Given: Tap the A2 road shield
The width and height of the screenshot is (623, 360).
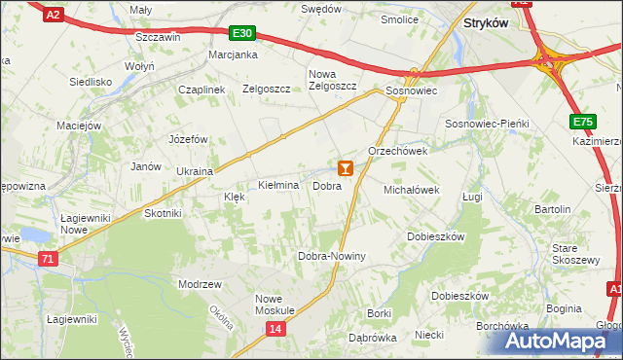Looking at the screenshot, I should click(x=55, y=14).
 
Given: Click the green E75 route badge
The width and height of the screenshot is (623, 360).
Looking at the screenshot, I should click(x=583, y=121).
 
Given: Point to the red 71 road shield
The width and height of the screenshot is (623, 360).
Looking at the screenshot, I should click(x=49, y=258).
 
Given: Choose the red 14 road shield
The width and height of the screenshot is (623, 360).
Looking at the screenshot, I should click(x=275, y=330).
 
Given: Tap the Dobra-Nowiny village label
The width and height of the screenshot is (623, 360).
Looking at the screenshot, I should click(x=331, y=257).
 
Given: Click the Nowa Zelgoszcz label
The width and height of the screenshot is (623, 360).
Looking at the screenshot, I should click(x=333, y=80).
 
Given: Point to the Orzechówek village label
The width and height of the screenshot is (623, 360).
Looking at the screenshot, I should click(x=398, y=152).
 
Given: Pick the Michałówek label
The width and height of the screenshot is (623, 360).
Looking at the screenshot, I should click(x=413, y=190).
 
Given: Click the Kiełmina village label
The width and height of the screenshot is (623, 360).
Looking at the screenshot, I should click(x=277, y=185).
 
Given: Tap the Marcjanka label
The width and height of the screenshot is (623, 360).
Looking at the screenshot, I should click(x=233, y=54).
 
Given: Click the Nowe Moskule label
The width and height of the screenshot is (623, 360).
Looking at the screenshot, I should click(x=275, y=304).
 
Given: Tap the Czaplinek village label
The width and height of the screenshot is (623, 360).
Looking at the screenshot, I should click(x=202, y=90).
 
